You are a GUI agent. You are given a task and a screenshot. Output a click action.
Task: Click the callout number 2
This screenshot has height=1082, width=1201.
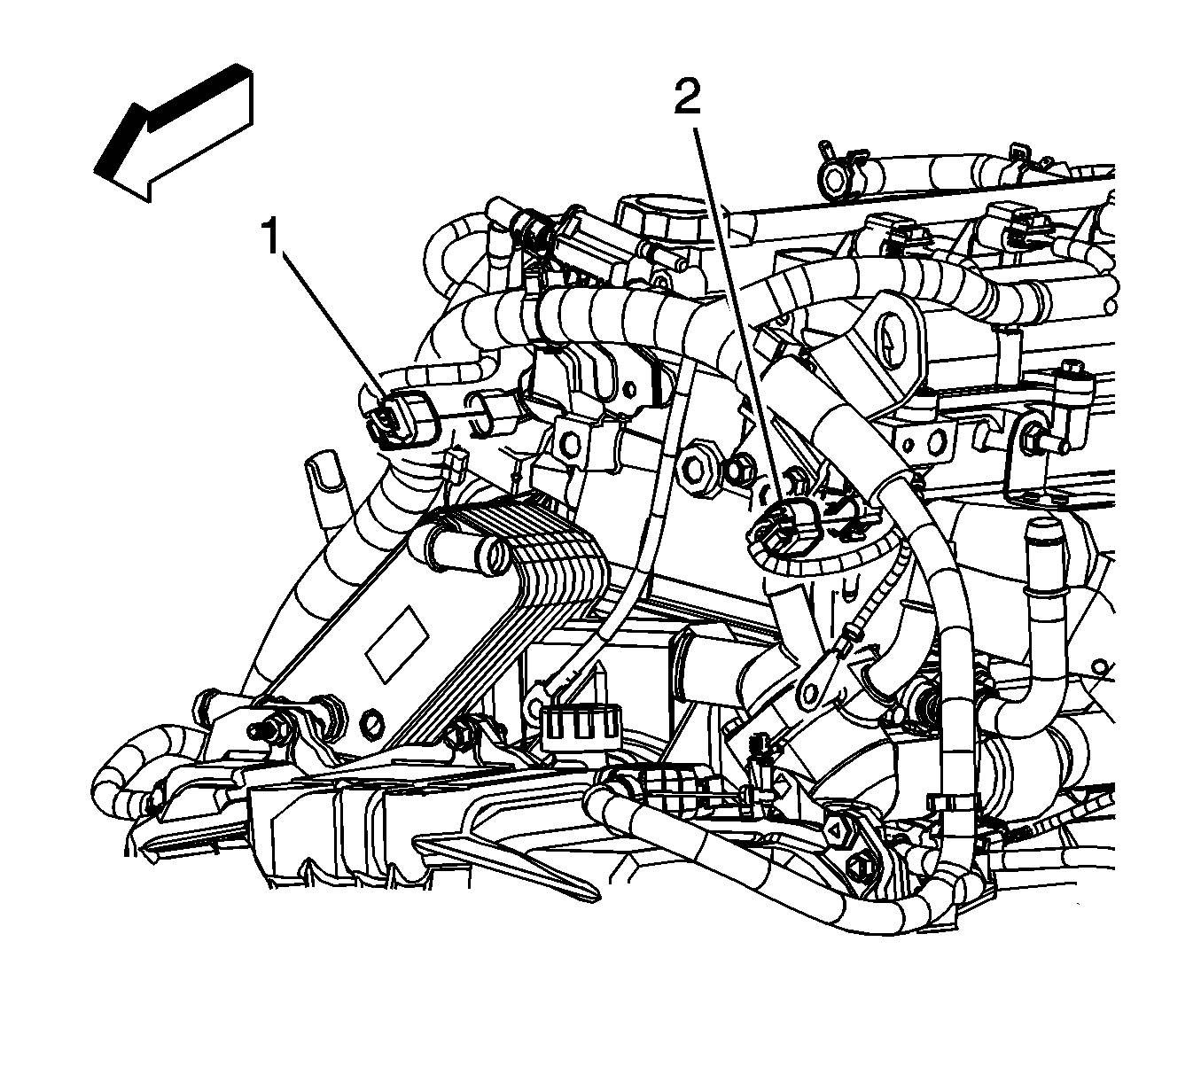tap(687, 97)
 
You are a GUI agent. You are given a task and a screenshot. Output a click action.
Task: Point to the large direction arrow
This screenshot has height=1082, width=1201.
tap(174, 132)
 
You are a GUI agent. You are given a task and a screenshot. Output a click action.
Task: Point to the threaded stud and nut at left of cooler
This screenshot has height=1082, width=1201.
tap(268, 729)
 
